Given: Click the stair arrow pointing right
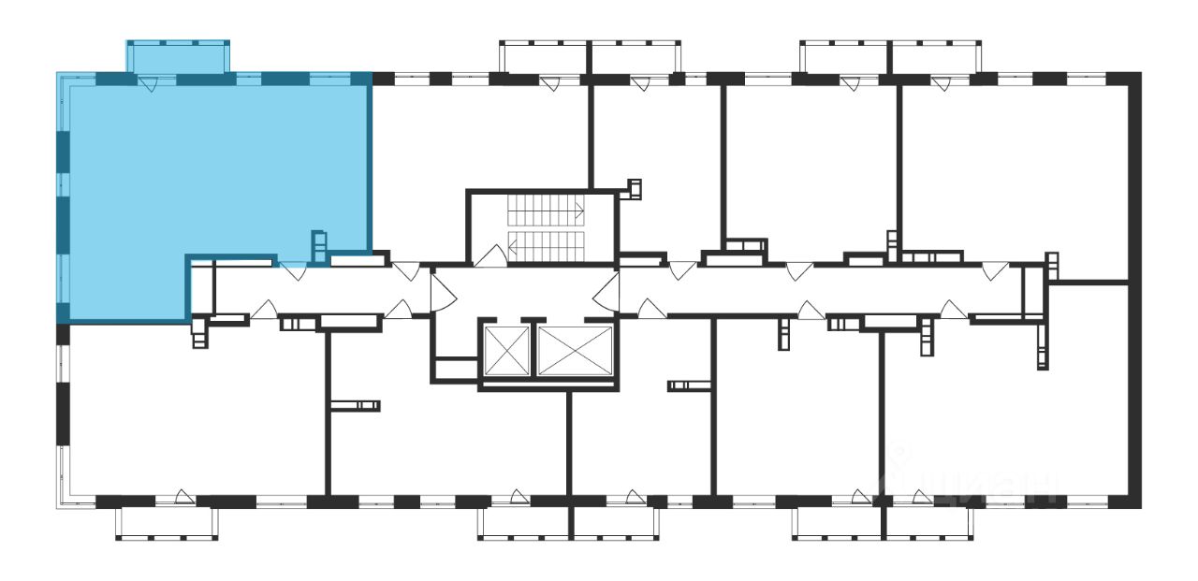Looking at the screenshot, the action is pyautogui.click(x=579, y=210).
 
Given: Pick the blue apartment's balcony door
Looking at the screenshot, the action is pyautogui.click(x=149, y=83).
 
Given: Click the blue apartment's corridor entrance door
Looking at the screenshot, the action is pyautogui.click(x=293, y=271).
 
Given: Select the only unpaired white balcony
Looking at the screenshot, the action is pyautogui.click(x=167, y=522).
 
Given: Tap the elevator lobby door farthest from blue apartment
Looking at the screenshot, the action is pyautogui.click(x=605, y=288).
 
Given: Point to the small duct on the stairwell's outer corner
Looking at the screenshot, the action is pyautogui.click(x=635, y=189).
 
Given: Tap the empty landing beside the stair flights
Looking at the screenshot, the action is pyautogui.click(x=487, y=225).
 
